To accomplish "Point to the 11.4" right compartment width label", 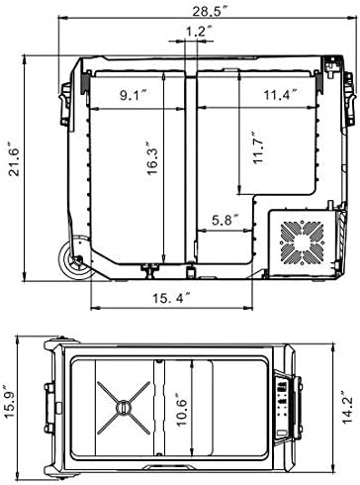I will point(280,96).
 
